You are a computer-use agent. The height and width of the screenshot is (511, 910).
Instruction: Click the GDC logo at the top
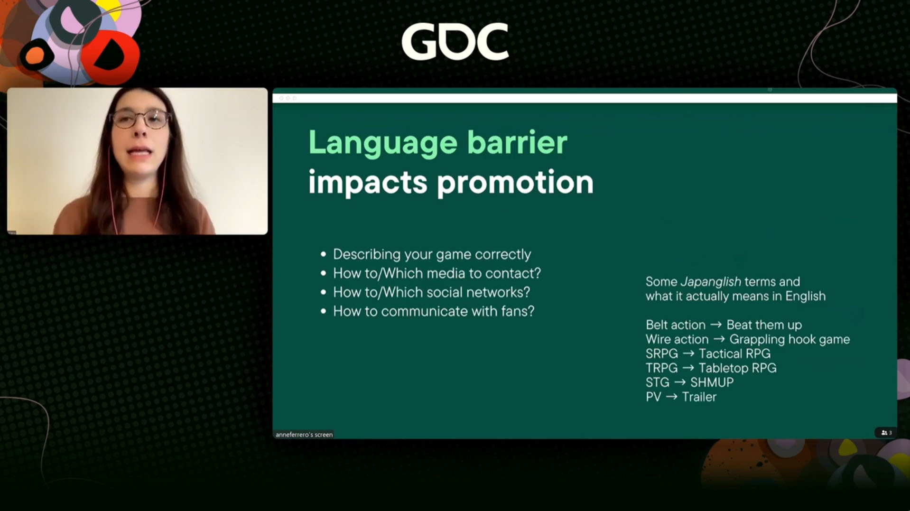455,41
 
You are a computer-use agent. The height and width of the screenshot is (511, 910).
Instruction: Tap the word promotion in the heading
515,183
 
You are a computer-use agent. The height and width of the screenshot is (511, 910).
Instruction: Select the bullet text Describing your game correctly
432,254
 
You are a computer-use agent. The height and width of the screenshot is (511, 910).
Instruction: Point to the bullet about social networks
431,292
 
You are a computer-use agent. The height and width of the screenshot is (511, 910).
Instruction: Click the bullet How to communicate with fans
434,311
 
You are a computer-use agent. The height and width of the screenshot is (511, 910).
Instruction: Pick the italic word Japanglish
710,282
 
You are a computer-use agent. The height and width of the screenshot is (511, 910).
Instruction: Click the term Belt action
675,325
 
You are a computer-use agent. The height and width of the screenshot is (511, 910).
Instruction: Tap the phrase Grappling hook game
789,340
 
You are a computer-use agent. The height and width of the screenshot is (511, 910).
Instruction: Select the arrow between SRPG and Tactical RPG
688,354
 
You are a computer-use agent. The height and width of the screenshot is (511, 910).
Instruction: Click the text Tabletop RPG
737,368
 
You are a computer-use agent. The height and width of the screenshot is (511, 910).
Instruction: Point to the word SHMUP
712,382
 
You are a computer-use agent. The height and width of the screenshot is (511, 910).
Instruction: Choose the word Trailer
699,397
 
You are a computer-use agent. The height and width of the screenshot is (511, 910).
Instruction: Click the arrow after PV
671,397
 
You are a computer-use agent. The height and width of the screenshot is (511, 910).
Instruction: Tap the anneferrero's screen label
304,435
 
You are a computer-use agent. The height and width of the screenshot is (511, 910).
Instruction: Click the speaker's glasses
140,119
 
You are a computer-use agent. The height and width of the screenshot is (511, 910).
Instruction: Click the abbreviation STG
657,382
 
